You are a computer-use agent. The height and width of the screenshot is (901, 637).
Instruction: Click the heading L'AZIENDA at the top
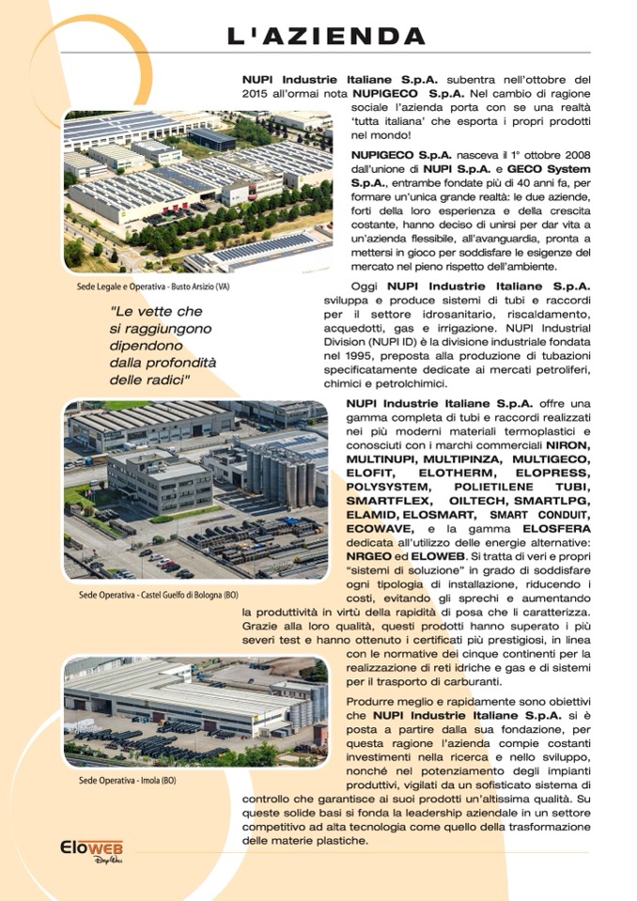pos(326,36)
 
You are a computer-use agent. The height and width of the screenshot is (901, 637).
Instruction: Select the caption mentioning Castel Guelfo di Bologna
pos(158,596)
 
